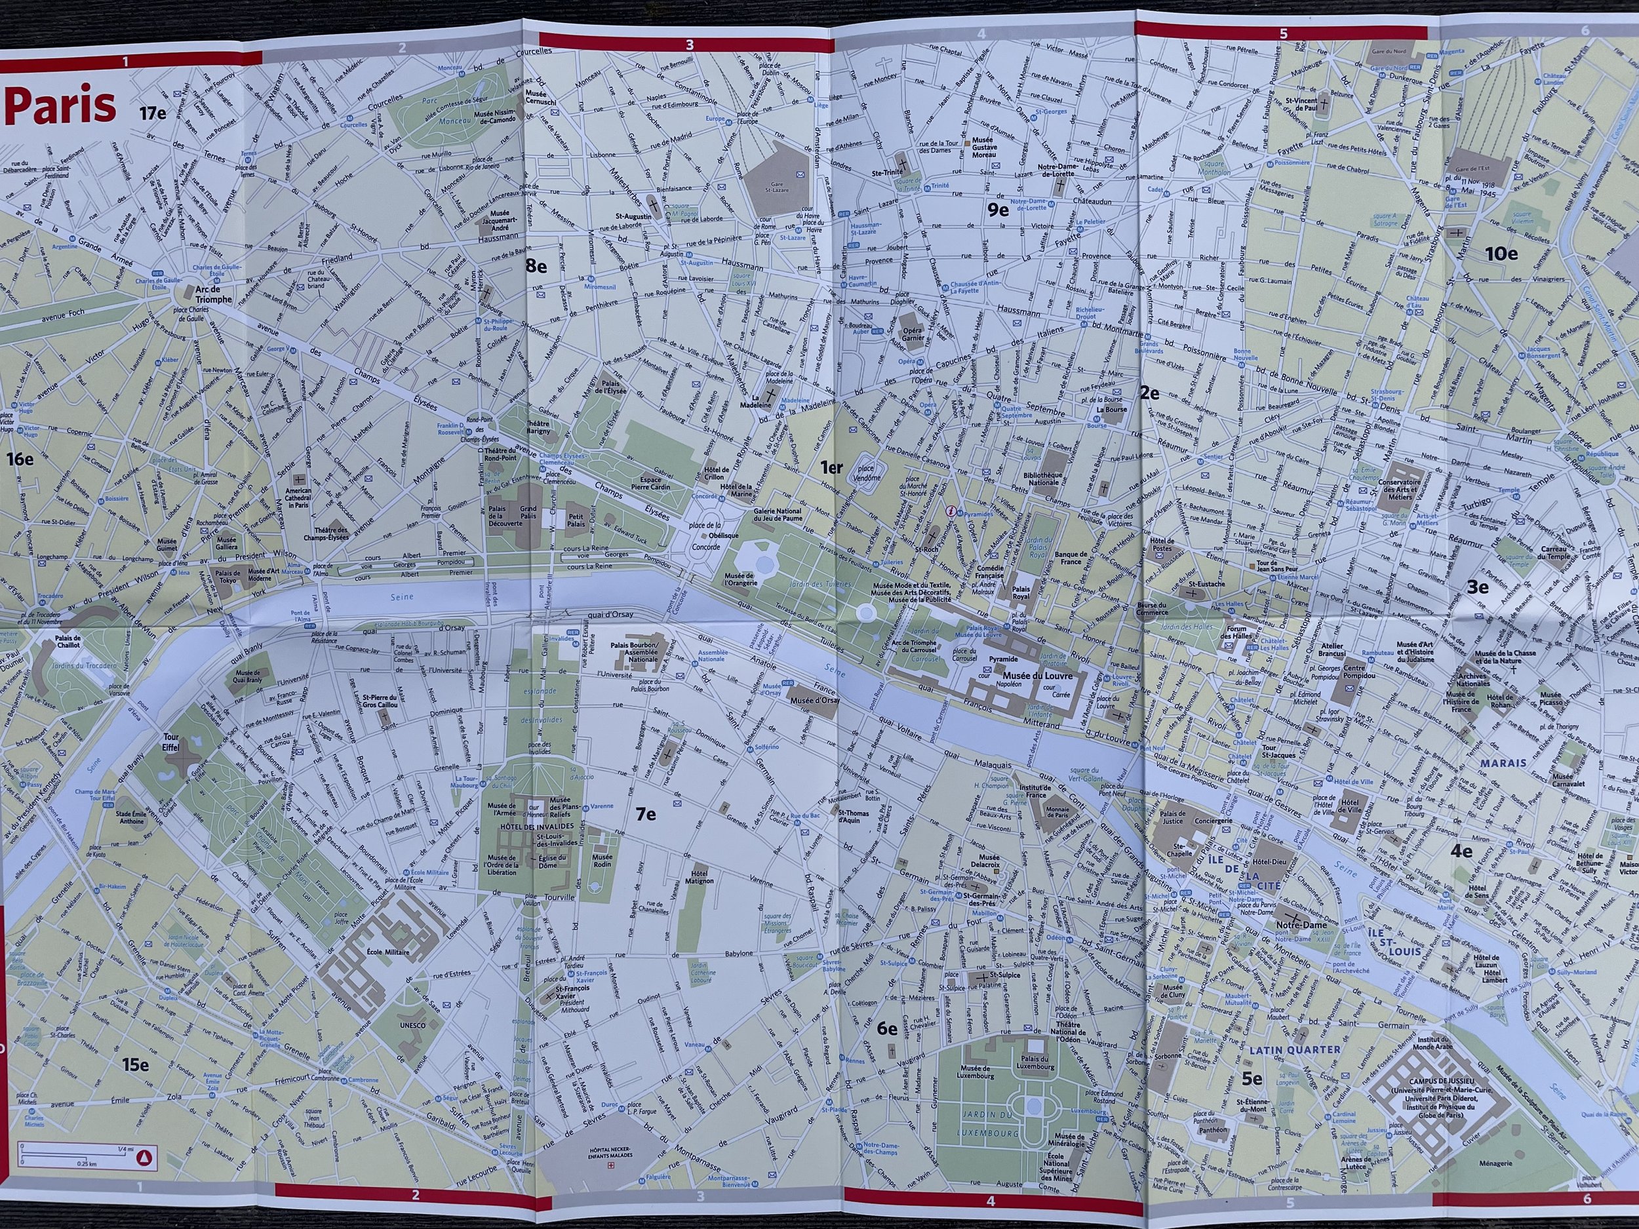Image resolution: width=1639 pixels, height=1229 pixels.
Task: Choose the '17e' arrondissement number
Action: tap(152, 113)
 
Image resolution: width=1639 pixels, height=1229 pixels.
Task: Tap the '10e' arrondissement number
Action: tap(1501, 254)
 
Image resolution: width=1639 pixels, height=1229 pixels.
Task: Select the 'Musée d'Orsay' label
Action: tap(814, 700)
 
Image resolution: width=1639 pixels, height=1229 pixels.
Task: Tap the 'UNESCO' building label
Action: tap(413, 1025)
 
